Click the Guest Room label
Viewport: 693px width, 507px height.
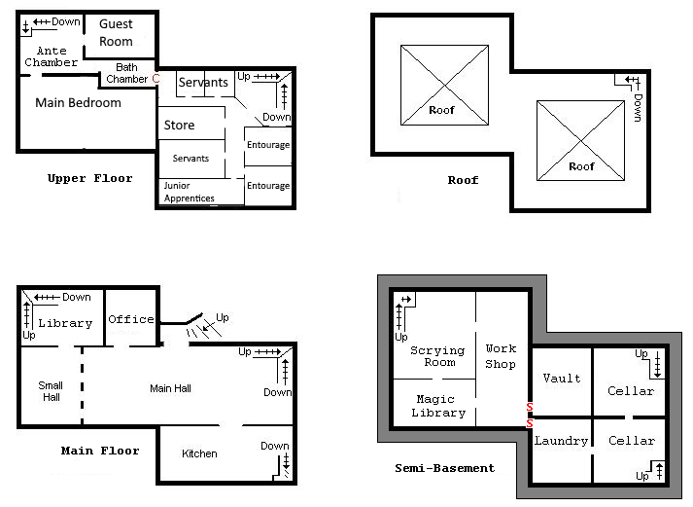[116, 32]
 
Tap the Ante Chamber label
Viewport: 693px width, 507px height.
[52, 56]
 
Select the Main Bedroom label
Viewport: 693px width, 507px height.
[78, 102]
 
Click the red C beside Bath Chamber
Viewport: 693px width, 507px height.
[156, 78]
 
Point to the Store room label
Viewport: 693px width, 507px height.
[179, 126]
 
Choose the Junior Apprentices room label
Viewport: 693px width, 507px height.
[190, 192]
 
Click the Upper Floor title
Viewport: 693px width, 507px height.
[89, 179]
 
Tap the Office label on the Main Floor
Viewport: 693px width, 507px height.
[131, 319]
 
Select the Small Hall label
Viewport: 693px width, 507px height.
[51, 391]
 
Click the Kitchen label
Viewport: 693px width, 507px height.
[199, 453]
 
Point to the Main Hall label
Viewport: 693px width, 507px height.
[171, 388]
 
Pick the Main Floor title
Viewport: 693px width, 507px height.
[100, 451]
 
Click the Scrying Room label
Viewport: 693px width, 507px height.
[437, 356]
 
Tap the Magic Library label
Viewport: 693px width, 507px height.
[438, 406]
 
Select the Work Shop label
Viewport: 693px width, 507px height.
[501, 356]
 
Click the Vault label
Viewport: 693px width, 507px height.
[562, 379]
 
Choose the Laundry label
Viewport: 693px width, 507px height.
[561, 441]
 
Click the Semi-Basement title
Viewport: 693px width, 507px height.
[444, 468]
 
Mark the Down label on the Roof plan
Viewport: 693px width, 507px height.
[638, 107]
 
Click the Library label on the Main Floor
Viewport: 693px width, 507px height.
[65, 323]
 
